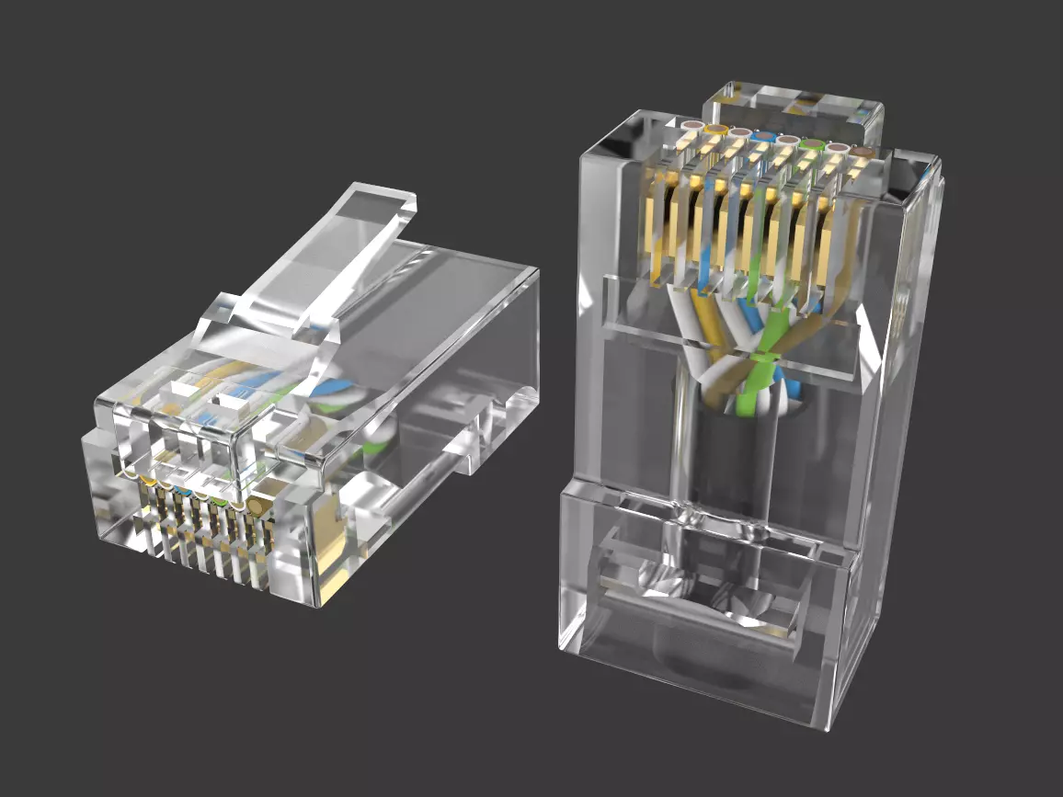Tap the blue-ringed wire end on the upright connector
763,137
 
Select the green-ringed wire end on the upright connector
811,144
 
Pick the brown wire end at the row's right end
861,152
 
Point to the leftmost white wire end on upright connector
692,125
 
